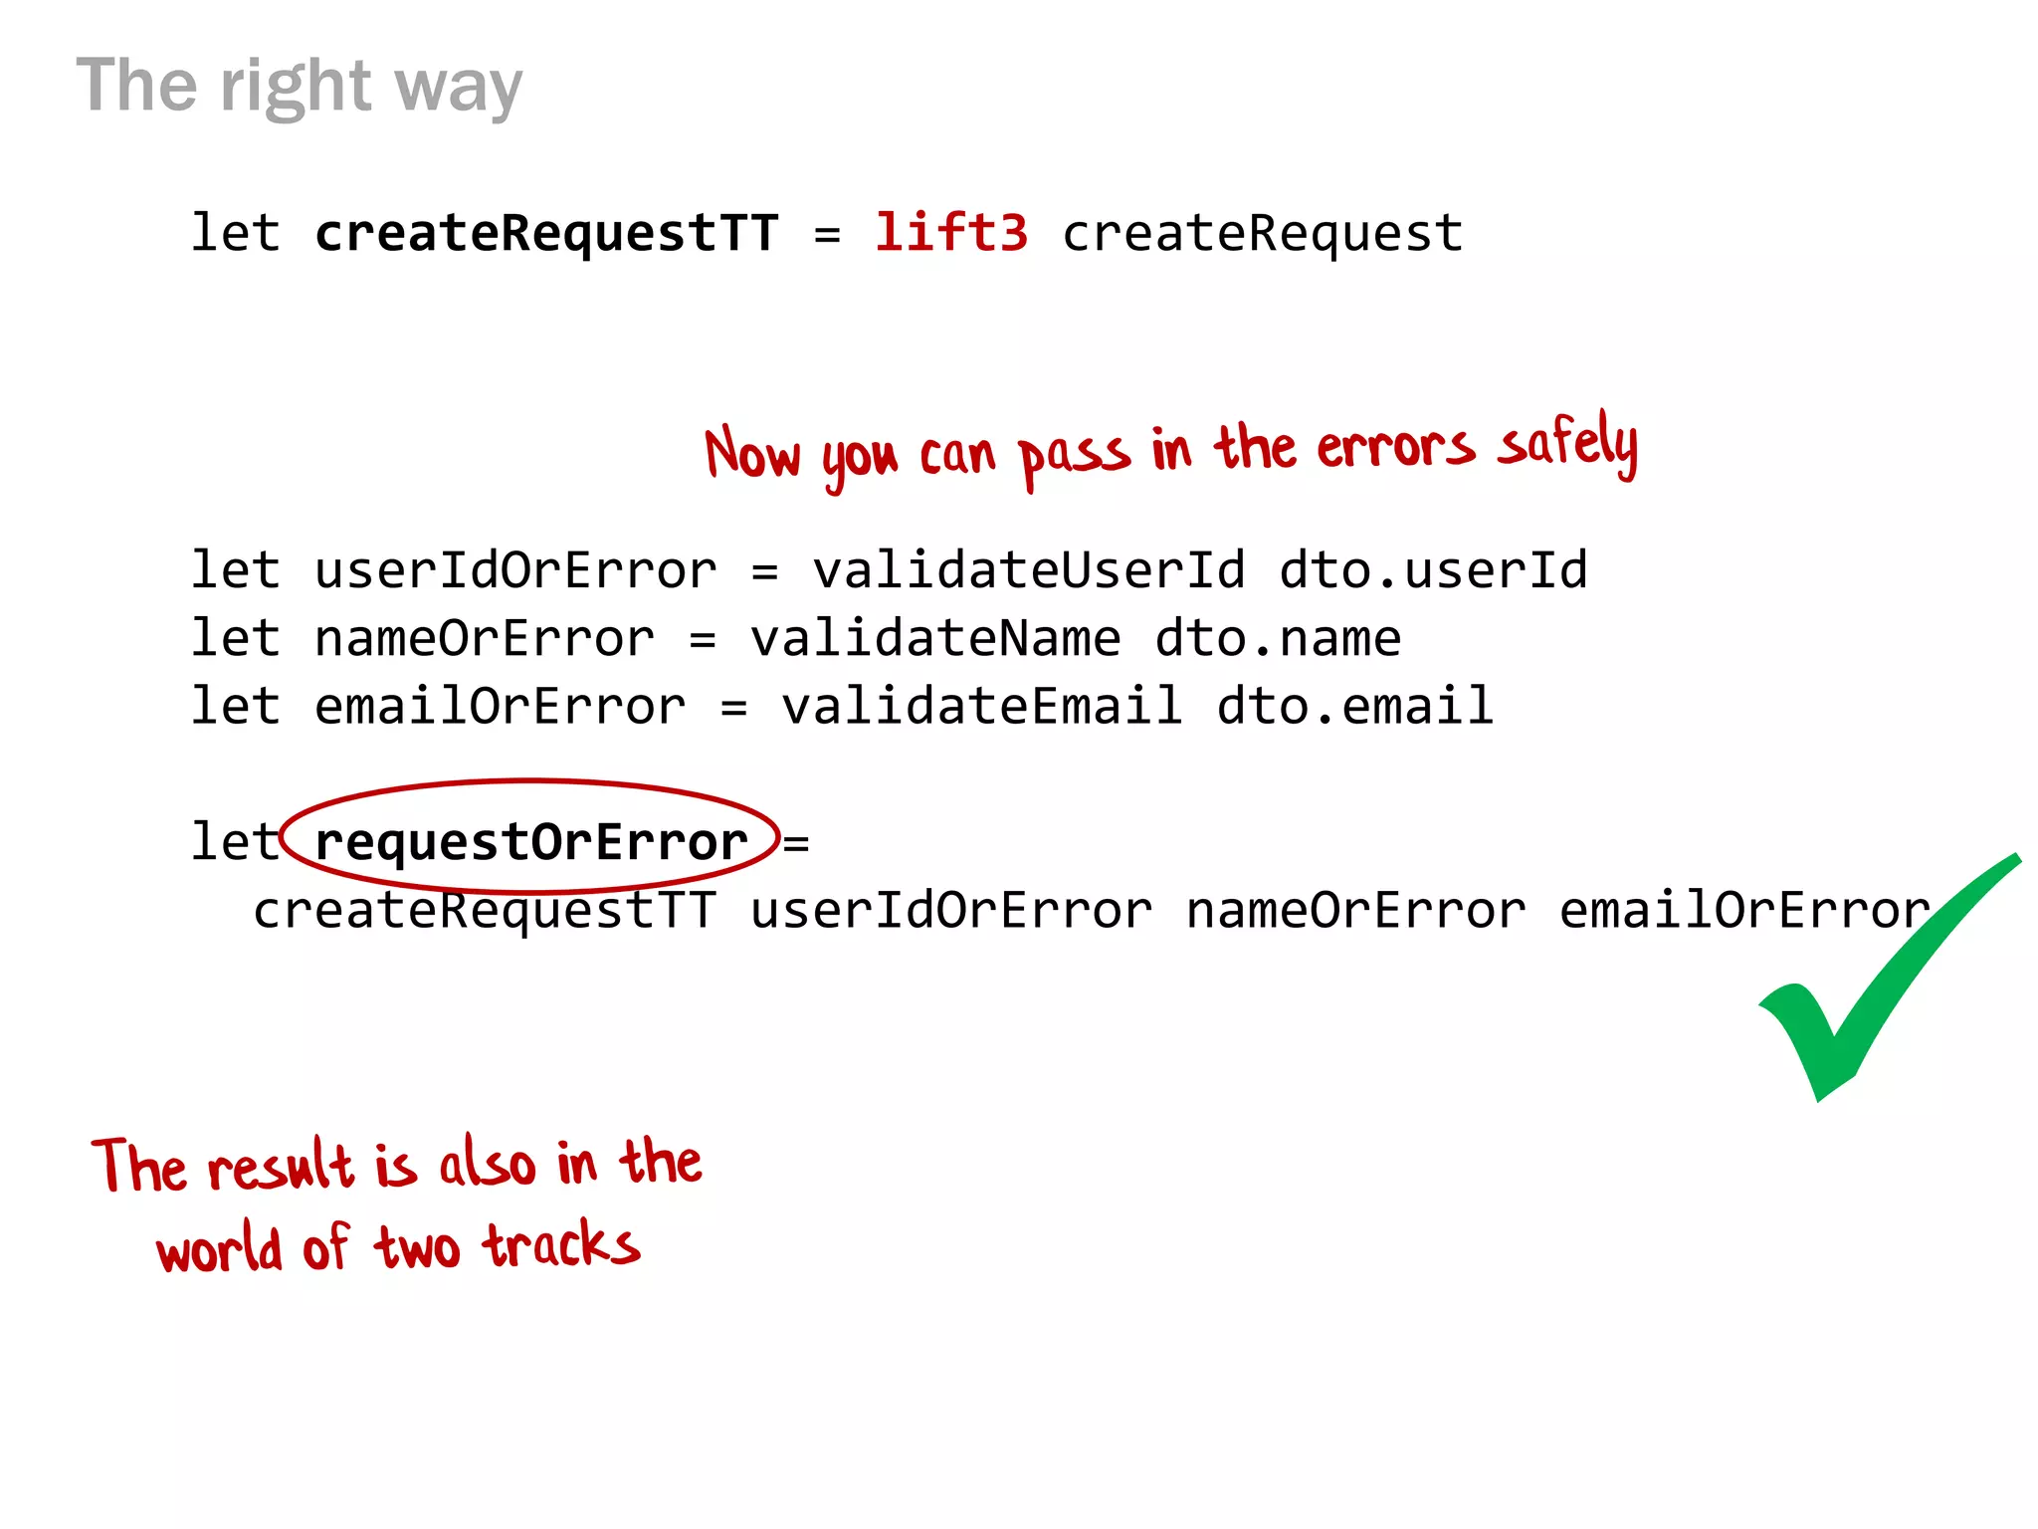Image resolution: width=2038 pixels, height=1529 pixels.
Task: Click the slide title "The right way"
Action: tap(299, 88)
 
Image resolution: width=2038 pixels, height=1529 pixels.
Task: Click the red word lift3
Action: tap(950, 233)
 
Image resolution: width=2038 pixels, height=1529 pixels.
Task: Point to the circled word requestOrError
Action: tap(530, 842)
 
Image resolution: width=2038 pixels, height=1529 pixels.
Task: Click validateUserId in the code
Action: tap(1028, 571)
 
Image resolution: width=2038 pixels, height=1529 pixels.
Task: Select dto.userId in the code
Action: tap(1433, 571)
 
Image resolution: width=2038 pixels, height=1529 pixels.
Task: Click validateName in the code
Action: tap(934, 639)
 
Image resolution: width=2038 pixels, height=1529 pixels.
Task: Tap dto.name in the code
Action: tap(1278, 639)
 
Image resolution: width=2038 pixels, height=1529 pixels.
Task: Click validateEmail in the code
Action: tap(981, 707)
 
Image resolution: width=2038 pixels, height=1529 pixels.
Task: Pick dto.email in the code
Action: tap(1354, 707)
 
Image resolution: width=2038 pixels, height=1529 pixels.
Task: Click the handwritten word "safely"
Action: tap(1567, 445)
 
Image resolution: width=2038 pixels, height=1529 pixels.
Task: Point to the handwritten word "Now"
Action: tap(751, 454)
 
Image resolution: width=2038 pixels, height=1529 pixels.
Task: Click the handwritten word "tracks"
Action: tap(561, 1244)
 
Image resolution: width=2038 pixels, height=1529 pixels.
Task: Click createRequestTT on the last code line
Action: tap(484, 911)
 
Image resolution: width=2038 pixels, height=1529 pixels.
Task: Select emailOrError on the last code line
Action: tap(1744, 911)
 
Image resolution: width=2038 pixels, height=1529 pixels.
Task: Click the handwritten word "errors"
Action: tap(1395, 447)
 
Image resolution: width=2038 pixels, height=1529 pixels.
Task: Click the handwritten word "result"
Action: tap(281, 1167)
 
